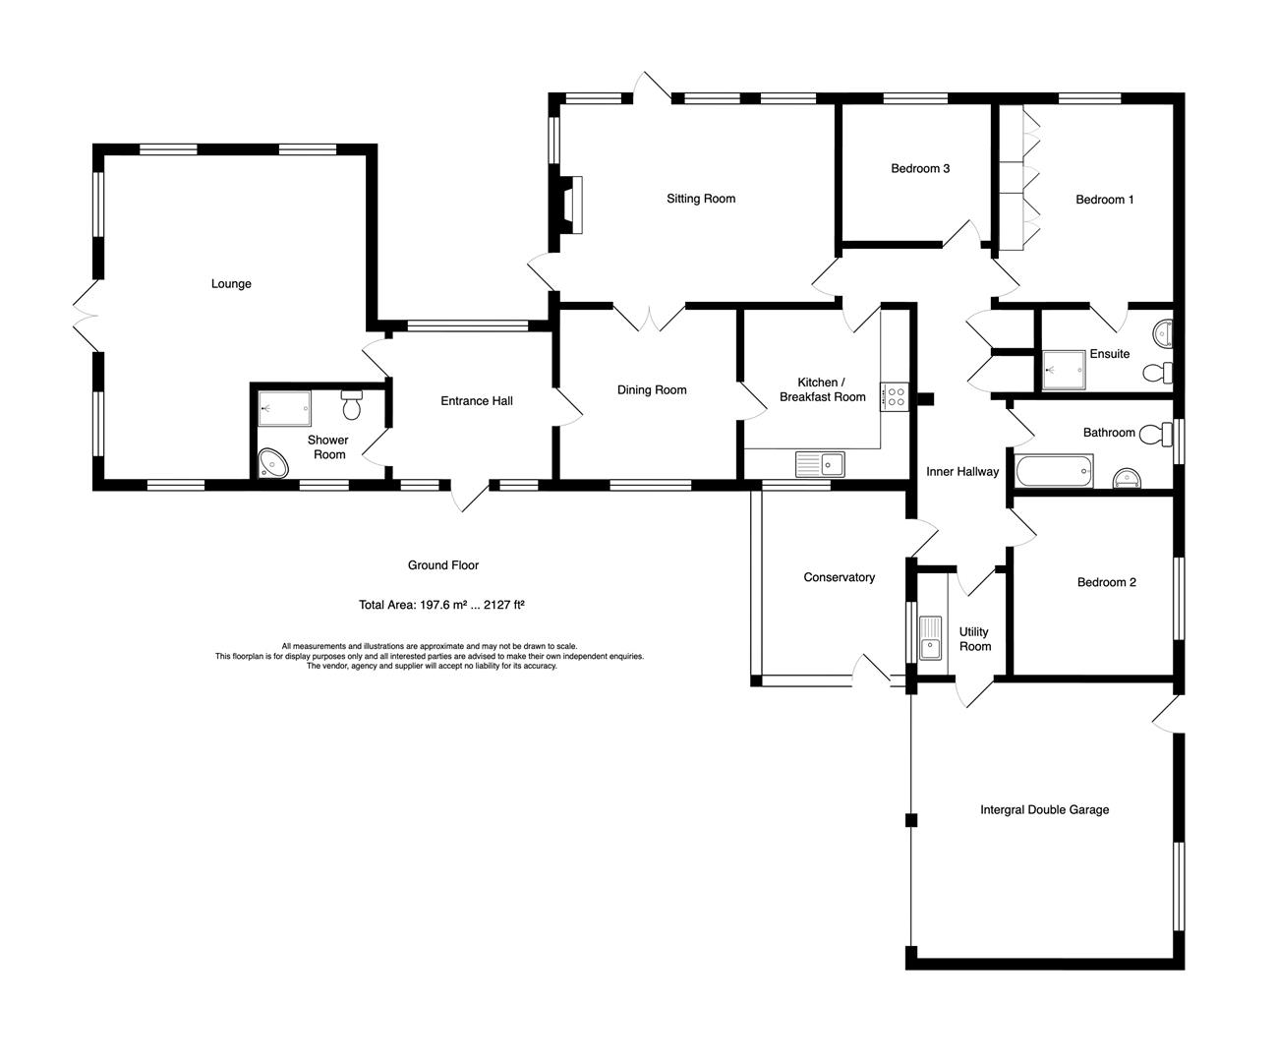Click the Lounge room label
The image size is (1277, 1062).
point(231,284)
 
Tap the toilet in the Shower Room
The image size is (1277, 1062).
point(352,405)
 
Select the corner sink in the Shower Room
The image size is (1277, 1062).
point(272,463)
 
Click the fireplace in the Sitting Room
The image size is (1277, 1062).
point(570,205)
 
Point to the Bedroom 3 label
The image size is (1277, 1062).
point(920,169)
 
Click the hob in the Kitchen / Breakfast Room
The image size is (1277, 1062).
point(895,397)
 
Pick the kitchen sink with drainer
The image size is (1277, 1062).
point(820,464)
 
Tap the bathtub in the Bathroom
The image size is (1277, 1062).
point(1054,471)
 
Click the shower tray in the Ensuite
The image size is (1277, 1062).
point(1064,370)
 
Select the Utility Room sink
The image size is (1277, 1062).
point(930,637)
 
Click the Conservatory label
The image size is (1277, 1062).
point(840,577)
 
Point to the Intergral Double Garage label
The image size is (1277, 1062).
point(1045,810)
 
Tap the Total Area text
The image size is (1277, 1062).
point(441,605)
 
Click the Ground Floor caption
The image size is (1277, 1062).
point(443,565)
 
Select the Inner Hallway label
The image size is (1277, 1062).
point(962,472)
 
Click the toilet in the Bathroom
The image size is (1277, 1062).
point(1155,435)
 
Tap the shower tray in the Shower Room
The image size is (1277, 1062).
point(284,408)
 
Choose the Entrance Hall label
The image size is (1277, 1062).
point(477,401)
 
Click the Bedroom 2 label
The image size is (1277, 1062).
point(1106,582)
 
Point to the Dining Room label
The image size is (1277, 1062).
point(652,390)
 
